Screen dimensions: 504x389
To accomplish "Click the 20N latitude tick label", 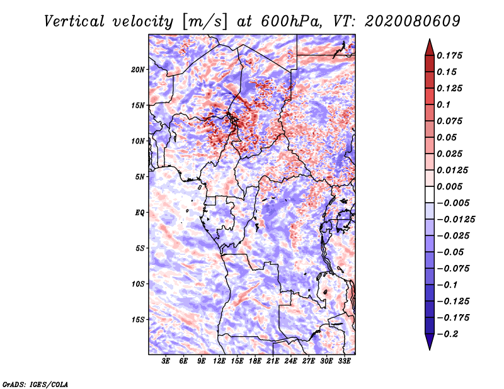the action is point(138,70).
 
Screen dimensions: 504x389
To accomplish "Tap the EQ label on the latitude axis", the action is point(140,213).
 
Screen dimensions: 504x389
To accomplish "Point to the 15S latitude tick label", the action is point(138,320).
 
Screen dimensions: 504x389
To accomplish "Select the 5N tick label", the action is point(140,177).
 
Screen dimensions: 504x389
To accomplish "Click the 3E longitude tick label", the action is point(166,361).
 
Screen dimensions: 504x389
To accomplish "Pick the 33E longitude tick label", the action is point(344,361).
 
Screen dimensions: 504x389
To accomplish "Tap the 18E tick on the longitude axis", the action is point(255,361).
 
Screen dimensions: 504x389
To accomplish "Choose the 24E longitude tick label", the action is point(290,361).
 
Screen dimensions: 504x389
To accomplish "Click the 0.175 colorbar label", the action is point(449,55).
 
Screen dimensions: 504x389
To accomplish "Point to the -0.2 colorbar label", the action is point(448,334).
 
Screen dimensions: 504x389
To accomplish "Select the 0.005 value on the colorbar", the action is point(449,186).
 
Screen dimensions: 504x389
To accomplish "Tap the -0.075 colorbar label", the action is point(453,269).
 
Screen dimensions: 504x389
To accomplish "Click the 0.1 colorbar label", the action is point(444,104).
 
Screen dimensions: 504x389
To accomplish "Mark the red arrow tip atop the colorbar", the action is point(430,39).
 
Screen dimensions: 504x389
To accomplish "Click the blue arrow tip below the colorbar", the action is point(430,349).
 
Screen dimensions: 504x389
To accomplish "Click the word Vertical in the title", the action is point(74,21).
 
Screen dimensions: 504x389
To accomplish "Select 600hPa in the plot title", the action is point(292,21).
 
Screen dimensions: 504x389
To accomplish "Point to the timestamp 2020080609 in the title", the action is point(413,21).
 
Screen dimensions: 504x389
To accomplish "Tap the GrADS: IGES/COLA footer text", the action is point(35,385).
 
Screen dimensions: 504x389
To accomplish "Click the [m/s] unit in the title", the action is point(205,22).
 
